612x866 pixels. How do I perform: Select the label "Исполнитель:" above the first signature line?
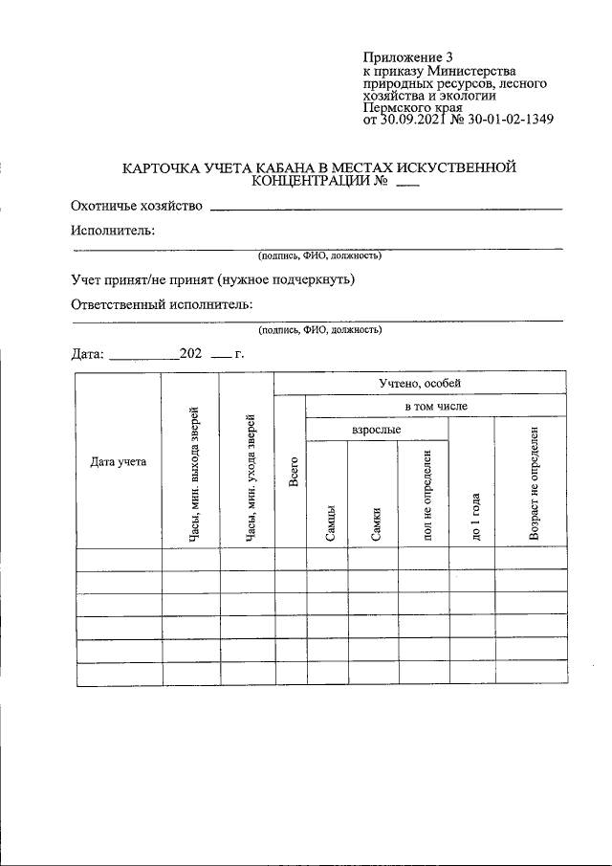(113, 231)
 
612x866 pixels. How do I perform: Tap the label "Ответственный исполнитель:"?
(162, 304)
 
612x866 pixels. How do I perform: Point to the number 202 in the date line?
(189, 353)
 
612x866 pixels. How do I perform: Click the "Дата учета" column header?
(119, 461)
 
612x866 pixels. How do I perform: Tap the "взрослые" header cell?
(376, 431)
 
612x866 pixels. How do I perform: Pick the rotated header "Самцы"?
(328, 523)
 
